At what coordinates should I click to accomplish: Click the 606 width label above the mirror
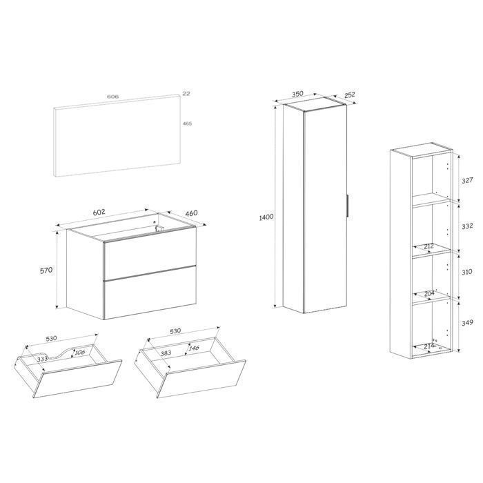112,97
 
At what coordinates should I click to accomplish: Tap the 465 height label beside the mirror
187,124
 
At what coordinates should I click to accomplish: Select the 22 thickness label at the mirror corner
186,93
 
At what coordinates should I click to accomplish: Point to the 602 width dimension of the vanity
99,213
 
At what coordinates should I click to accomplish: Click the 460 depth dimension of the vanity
192,213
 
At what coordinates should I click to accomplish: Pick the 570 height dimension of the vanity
46,270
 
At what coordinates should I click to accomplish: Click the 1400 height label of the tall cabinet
266,217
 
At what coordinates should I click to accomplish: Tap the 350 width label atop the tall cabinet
297,94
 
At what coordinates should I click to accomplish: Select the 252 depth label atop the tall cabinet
350,95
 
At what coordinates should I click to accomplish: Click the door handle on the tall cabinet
348,206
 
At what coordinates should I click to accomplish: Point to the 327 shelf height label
467,181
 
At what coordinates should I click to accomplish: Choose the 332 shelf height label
467,226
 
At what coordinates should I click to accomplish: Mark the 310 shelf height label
466,272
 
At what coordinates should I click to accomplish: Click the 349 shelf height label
467,323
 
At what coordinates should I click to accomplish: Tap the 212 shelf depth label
428,246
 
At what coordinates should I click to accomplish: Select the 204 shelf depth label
429,294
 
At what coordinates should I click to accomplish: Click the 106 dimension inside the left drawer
79,352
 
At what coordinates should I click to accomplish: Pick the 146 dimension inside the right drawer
194,348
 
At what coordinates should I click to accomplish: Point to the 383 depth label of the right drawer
166,353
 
